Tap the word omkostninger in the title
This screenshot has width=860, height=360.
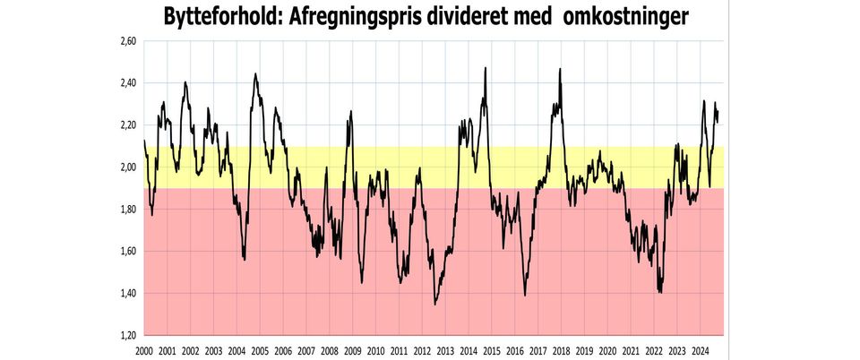pyautogui.click(x=625, y=16)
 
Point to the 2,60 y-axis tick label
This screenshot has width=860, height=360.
pyautogui.click(x=128, y=41)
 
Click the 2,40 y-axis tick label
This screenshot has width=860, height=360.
pyautogui.click(x=128, y=83)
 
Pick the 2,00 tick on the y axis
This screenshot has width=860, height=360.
pyautogui.click(x=128, y=167)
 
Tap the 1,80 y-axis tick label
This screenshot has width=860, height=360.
pyautogui.click(x=128, y=210)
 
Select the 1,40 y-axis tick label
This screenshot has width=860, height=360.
pyautogui.click(x=128, y=294)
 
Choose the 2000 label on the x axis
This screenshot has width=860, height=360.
pyautogui.click(x=143, y=351)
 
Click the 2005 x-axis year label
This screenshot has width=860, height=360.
pyautogui.click(x=260, y=351)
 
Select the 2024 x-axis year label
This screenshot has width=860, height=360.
pyautogui.click(x=700, y=351)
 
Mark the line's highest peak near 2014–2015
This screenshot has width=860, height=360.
pyautogui.click(x=486, y=68)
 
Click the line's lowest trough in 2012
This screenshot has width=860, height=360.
pyautogui.click(x=435, y=304)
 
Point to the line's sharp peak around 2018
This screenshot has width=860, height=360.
pyautogui.click(x=561, y=69)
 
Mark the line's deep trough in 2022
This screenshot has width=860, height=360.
pyautogui.click(x=660, y=292)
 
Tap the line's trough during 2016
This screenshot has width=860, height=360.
pyautogui.click(x=524, y=295)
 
